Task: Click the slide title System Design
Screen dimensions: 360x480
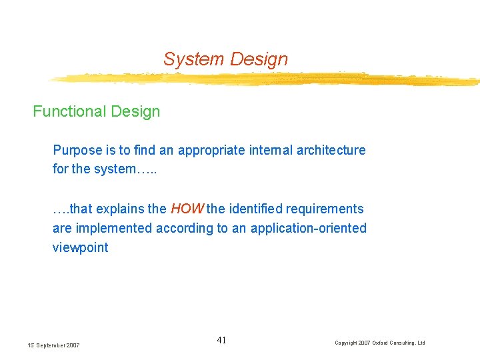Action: pos(225,59)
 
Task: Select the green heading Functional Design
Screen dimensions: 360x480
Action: pos(97,111)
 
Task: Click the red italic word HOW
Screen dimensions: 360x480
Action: pos(187,209)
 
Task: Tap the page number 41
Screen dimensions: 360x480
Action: pos(221,341)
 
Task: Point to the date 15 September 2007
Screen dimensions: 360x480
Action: pos(53,345)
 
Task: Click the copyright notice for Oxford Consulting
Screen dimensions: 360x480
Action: pos(379,343)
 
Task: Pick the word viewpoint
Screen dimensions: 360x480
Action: pos(80,247)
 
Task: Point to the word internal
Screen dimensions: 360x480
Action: pos(267,151)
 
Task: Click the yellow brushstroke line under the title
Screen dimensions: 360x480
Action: pos(267,79)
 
